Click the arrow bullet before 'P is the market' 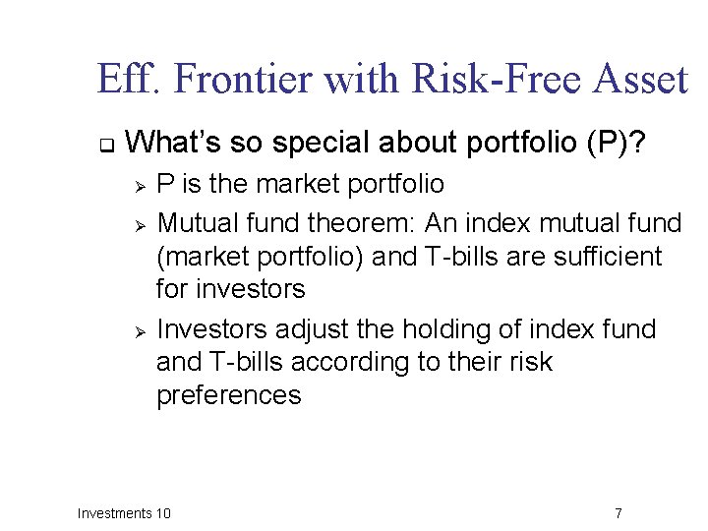pos(141,186)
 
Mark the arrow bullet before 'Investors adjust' pos(141,330)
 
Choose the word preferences pos(228,395)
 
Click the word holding pos(437,329)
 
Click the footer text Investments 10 pos(124,513)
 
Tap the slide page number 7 pos(618,513)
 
